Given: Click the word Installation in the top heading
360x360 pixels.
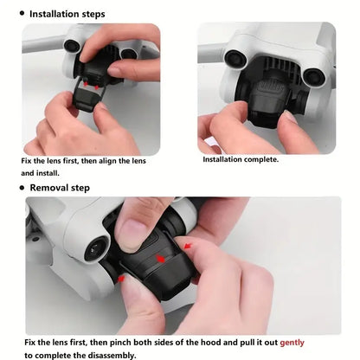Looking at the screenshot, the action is click(x=54, y=14).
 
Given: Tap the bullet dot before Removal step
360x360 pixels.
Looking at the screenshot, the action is click(x=22, y=188).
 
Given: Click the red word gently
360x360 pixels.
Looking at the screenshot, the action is click(x=292, y=343).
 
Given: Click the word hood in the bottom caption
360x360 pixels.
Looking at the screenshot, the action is click(x=211, y=342).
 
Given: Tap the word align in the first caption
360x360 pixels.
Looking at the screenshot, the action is click(x=107, y=161).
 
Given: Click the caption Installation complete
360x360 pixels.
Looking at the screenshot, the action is click(x=241, y=159).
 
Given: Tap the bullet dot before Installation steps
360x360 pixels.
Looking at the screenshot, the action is click(x=22, y=13).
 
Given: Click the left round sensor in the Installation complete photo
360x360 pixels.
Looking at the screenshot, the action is click(x=235, y=59).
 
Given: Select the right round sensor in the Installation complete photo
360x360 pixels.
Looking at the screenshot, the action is click(x=314, y=76).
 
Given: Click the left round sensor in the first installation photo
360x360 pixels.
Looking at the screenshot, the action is click(x=72, y=46).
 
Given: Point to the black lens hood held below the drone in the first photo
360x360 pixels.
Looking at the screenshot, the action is click(x=87, y=98).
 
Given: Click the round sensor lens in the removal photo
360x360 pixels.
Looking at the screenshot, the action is click(x=96, y=249).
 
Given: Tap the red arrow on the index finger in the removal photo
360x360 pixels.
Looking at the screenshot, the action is click(x=188, y=246).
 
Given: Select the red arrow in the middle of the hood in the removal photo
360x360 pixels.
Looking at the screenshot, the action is click(x=160, y=259).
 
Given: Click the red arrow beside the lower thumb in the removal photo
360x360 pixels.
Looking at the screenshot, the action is click(x=121, y=279).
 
